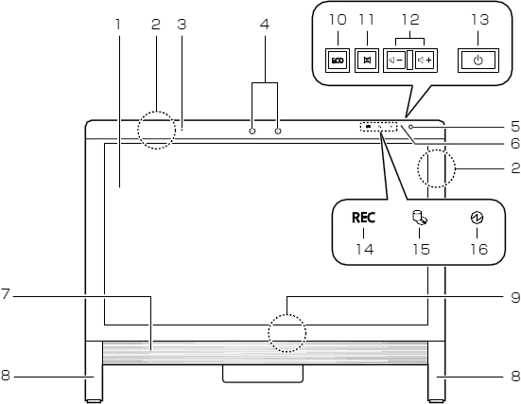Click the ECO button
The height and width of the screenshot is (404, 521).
[338, 61]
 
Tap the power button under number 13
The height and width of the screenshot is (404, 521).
[478, 61]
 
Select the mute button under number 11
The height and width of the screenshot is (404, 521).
[367, 61]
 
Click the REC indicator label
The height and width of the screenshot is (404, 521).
[363, 218]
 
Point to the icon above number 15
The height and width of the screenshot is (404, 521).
[420, 218]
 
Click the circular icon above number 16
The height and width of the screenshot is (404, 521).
[478, 218]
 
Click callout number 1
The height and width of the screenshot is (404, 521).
[117, 25]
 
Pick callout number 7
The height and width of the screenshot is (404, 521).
[6, 294]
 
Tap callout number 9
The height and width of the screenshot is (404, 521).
[515, 297]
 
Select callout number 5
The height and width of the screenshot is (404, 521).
[515, 127]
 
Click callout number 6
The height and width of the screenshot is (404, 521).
[515, 143]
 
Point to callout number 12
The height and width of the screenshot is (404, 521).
[410, 20]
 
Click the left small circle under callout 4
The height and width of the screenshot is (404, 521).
[252, 131]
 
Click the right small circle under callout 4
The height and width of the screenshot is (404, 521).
[278, 131]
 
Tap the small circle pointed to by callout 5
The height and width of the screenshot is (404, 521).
[411, 127]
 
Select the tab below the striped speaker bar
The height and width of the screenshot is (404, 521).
[263, 374]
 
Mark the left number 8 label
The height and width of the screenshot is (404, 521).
[6, 376]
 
